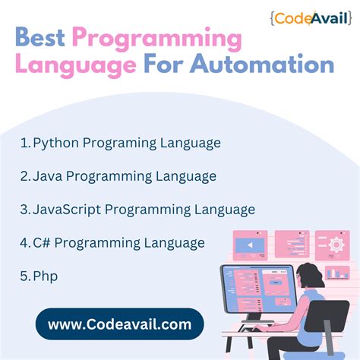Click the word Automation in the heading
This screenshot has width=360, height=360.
point(272,65)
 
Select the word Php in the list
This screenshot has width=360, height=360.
point(46,276)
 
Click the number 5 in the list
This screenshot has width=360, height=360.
point(25,276)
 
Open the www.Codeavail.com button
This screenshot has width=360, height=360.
point(119,324)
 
